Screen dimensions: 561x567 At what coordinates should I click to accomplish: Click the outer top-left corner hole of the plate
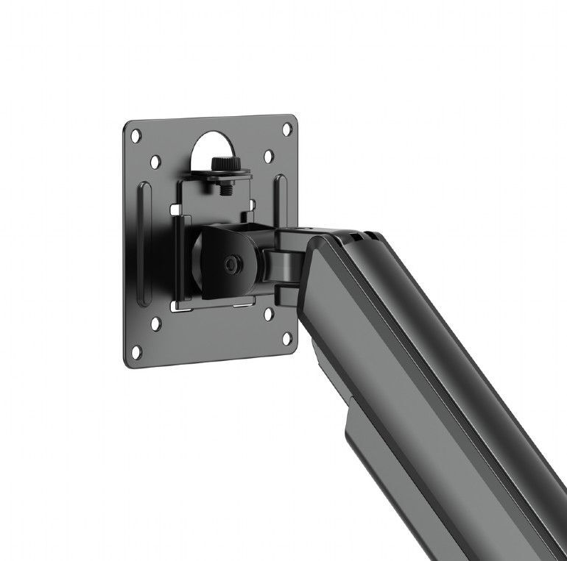click(x=136, y=135)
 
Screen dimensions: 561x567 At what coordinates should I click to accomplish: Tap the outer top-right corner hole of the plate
click(x=286, y=128)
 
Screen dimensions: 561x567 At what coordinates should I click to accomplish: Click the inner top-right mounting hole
click(x=269, y=157)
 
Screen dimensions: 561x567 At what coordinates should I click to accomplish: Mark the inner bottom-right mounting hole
click(x=269, y=314)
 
